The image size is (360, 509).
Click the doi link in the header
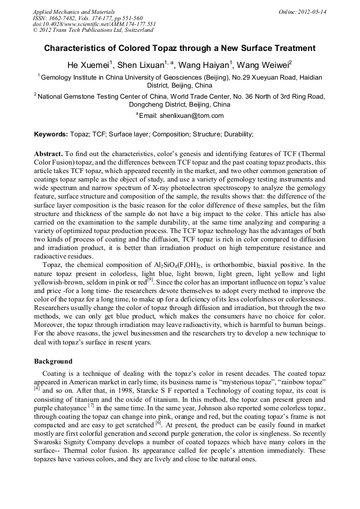(94, 24)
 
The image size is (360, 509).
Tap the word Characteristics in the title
(79, 48)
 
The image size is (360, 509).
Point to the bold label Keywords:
(51, 134)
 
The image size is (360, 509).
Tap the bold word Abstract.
(49, 153)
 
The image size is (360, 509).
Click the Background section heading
(53, 361)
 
